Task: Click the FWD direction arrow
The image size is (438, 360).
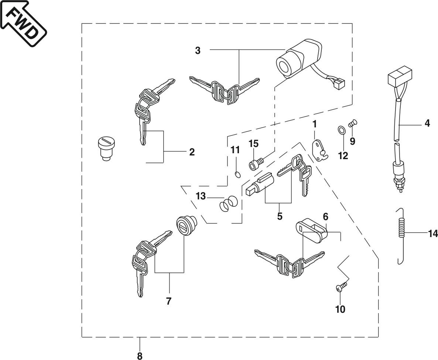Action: [24, 24]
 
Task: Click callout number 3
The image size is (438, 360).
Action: [198, 51]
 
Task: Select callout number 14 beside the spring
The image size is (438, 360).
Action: [433, 233]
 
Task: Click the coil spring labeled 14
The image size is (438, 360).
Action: [401, 236]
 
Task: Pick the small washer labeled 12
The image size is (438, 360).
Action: [341, 130]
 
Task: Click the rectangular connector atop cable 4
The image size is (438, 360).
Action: [400, 74]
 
